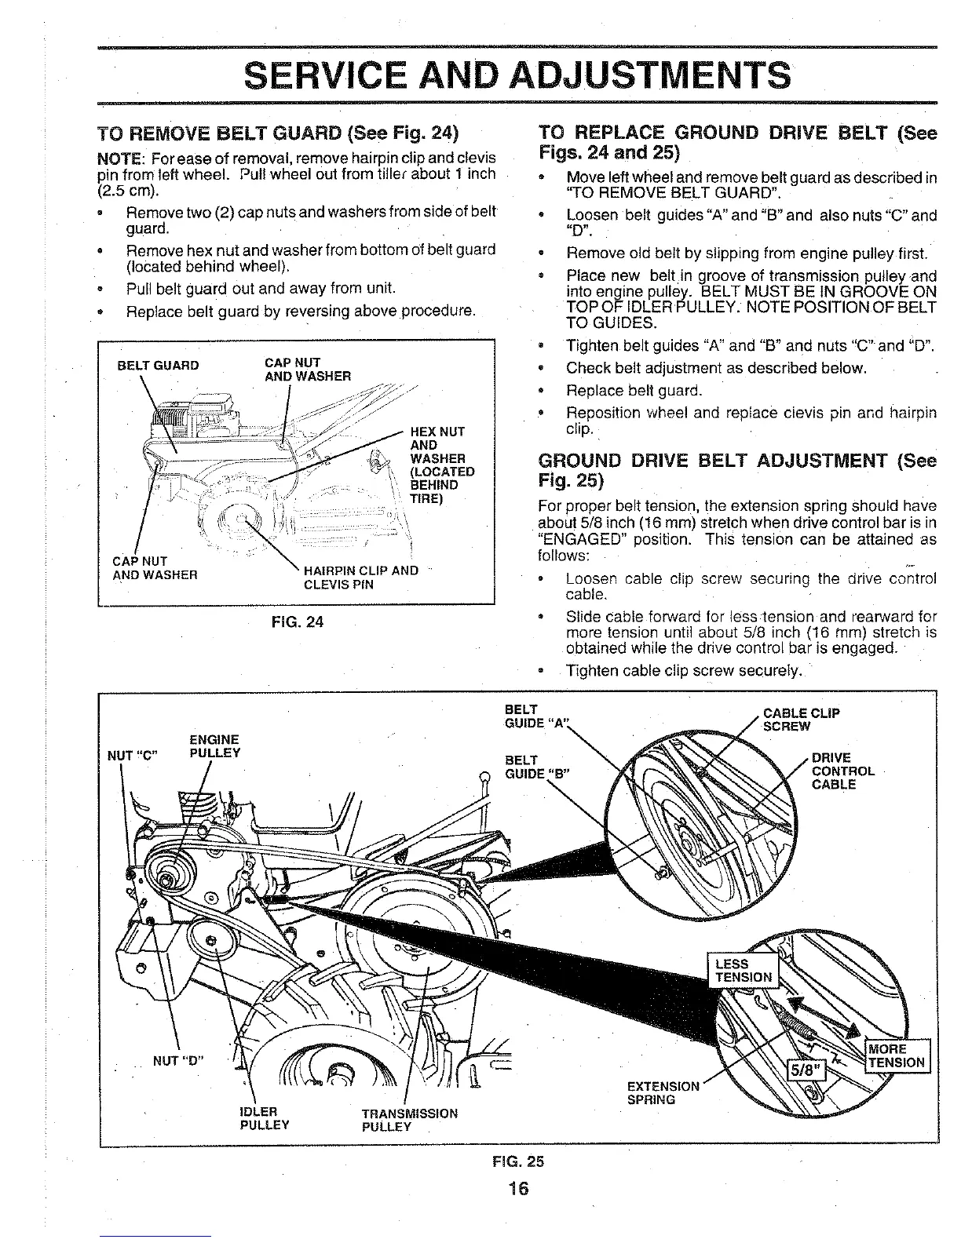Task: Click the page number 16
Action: click(518, 1187)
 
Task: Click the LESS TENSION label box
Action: click(742, 970)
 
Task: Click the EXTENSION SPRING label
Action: click(663, 1092)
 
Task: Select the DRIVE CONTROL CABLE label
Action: click(842, 771)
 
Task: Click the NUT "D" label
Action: click(178, 1061)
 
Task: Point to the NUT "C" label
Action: click(133, 756)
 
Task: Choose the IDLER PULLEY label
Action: click(264, 1118)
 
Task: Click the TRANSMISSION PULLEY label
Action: click(409, 1120)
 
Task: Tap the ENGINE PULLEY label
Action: click(214, 746)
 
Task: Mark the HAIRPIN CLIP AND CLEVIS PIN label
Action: click(360, 577)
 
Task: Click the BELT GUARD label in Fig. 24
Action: click(158, 365)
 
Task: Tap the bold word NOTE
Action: click(117, 155)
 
